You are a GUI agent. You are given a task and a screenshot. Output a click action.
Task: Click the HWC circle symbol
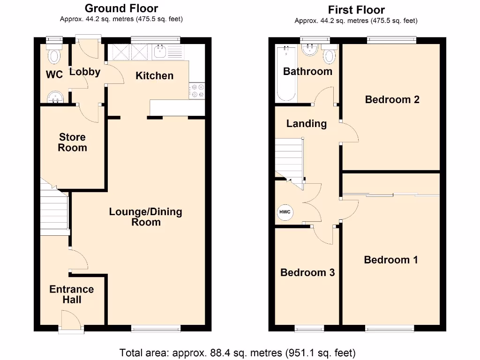coord(285,212)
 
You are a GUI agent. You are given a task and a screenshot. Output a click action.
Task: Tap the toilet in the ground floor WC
coord(55,55)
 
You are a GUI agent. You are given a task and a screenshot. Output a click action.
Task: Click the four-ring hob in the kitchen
coord(196,90)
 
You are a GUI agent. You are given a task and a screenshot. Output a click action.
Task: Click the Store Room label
coord(72,142)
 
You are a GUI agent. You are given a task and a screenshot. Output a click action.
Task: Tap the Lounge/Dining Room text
coord(145,217)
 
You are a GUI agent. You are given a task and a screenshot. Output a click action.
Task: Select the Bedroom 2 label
coord(392,99)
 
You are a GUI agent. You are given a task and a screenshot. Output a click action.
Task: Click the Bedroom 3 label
coord(307,272)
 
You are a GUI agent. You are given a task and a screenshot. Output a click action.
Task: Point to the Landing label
coord(306,124)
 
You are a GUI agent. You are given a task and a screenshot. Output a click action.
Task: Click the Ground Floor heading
coord(121,8)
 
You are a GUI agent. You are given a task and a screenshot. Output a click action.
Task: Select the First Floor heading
coord(356,10)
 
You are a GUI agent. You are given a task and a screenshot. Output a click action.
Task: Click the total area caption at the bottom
coord(237,352)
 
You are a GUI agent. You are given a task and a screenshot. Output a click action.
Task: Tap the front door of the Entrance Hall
coord(71,323)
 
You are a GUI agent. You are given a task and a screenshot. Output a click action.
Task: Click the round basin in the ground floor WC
coord(56,97)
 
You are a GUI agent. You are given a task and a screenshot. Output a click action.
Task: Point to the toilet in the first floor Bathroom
coord(330,55)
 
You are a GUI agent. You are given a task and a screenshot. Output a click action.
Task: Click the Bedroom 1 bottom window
coord(390,329)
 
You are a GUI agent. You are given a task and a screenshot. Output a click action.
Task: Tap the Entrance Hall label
coord(71,294)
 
